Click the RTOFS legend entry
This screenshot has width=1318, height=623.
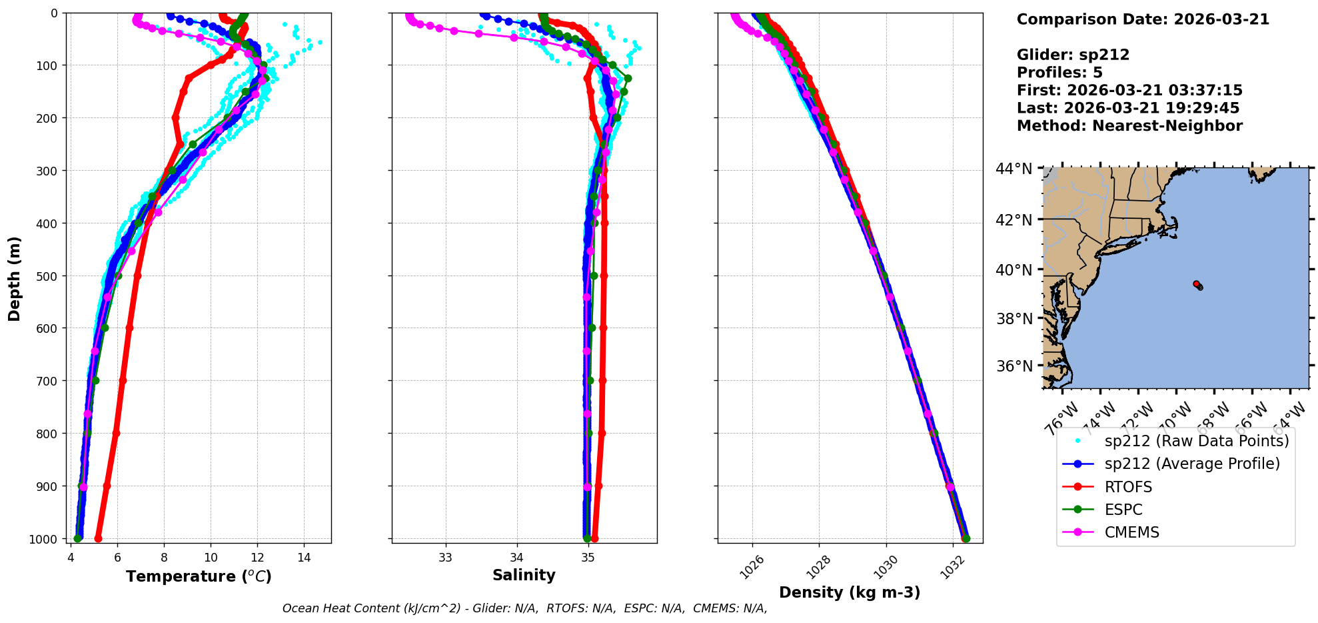tap(1128, 487)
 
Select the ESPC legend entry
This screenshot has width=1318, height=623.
tap(1123, 510)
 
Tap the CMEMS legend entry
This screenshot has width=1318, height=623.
tap(1131, 532)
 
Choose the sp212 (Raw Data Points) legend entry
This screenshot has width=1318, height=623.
tap(1196, 441)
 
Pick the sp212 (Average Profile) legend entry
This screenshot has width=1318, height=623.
tap(1192, 464)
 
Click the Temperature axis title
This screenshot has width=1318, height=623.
tap(199, 576)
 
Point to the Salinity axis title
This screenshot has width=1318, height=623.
tap(524, 575)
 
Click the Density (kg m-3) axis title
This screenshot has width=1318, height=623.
tap(850, 592)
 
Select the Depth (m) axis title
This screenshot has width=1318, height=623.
tap(15, 278)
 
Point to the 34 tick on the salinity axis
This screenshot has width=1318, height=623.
tap(516, 558)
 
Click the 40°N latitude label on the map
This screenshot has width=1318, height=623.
tap(1013, 270)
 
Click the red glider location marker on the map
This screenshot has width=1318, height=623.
tap(1196, 284)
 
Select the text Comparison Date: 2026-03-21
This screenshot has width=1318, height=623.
tap(1143, 19)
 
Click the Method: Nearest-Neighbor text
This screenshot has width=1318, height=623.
tap(1129, 126)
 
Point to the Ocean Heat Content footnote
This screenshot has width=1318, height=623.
tap(524, 608)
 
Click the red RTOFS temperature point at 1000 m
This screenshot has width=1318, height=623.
tap(98, 538)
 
